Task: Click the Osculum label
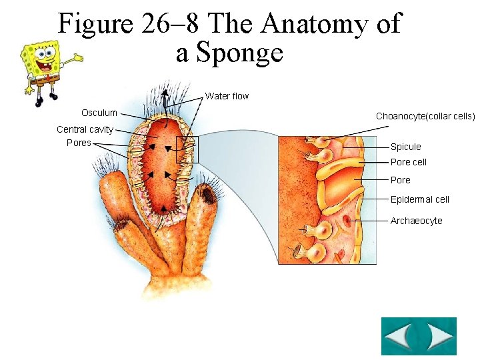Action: tap(99, 113)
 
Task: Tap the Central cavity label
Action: tap(85, 129)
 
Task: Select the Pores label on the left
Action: tap(79, 143)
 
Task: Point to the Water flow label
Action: tap(227, 96)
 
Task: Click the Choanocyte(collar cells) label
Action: tap(425, 116)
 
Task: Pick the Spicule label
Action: tap(405, 147)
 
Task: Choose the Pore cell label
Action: tap(408, 162)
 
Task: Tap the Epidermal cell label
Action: tap(419, 199)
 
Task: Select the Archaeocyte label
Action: tap(416, 221)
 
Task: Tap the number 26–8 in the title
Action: tap(169, 23)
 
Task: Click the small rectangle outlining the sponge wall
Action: tap(187, 149)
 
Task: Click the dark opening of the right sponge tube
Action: tap(209, 194)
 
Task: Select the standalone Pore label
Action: tap(400, 180)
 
